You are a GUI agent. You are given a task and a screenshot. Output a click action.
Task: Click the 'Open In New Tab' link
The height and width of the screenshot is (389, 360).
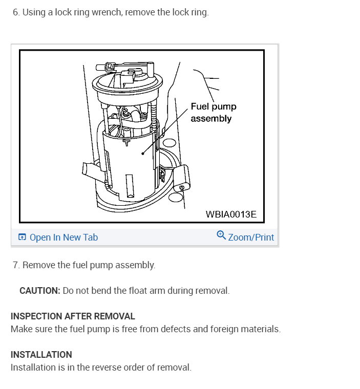63,237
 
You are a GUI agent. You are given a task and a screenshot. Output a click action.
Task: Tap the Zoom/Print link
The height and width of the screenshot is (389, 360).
250,237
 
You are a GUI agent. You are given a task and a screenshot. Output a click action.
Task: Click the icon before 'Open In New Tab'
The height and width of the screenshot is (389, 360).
22,237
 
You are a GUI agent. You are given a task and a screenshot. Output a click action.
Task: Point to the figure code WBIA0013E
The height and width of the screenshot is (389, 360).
231,214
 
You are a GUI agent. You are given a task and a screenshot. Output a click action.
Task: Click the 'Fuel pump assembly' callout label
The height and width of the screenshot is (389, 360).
213,113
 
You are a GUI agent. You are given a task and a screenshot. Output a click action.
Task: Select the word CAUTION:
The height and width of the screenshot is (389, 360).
40,291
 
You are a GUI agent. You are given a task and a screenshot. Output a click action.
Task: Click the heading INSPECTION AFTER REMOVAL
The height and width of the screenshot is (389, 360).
73,316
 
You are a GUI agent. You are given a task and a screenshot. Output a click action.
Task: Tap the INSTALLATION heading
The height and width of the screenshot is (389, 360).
41,354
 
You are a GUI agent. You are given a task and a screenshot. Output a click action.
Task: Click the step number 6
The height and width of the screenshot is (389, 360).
16,12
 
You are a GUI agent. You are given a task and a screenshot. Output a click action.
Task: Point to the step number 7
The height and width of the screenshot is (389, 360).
16,265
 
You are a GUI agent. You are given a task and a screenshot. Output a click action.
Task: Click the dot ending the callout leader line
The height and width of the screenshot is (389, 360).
143,153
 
